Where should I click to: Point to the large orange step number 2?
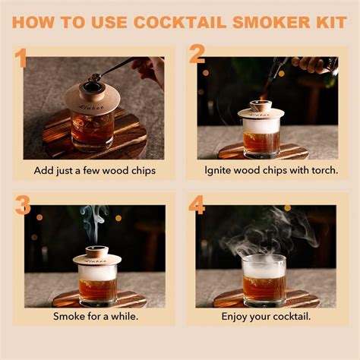point(197,55)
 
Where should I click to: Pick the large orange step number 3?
point(24,206)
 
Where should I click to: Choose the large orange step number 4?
point(197,206)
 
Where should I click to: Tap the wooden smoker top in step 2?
point(261,109)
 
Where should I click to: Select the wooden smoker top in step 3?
point(97,255)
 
